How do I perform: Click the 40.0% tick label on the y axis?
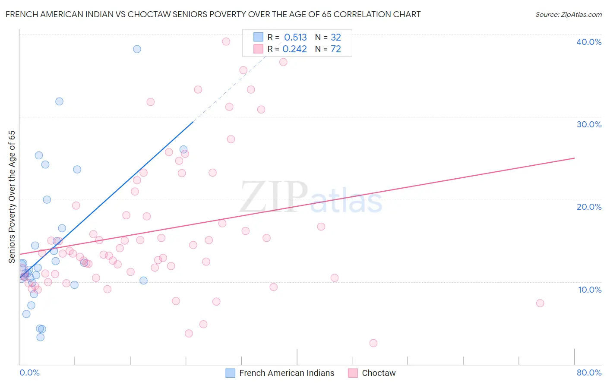click(x=588, y=42)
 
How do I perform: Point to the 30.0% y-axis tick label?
click(x=588, y=124)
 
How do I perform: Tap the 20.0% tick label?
click(x=588, y=207)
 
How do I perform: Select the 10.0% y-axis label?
click(x=589, y=290)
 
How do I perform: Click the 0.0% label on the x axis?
click(x=29, y=372)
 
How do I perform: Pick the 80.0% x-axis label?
click(x=589, y=372)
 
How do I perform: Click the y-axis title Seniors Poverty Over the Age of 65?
click(x=12, y=196)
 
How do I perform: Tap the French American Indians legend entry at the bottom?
click(x=287, y=373)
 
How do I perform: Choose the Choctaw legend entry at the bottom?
click(x=379, y=373)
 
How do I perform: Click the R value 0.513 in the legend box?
click(x=295, y=38)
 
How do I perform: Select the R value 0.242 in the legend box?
click(x=294, y=49)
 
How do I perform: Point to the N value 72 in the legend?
click(x=335, y=49)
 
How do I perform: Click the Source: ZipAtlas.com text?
click(x=568, y=15)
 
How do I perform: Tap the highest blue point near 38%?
click(x=137, y=49)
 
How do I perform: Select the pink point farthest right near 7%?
click(x=540, y=303)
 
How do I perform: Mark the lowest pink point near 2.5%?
click(x=373, y=343)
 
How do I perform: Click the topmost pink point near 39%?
click(x=226, y=41)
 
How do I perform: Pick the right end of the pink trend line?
click(x=574, y=158)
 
